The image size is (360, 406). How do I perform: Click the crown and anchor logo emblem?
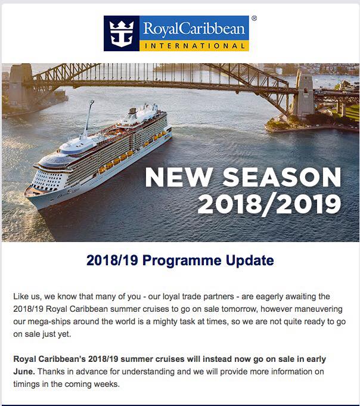pos(122,33)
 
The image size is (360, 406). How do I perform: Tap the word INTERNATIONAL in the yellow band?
pos(194,46)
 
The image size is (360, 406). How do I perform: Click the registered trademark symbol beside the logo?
pos(254,18)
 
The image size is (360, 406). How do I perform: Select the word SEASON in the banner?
pos(282,177)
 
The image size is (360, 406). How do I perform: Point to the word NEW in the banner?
pos(179,177)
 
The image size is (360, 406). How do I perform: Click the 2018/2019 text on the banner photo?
pos(269,204)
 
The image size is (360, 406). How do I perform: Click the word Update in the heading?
pos(250,261)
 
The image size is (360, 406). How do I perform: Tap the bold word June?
pos(24,372)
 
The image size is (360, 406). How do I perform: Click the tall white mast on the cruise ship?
pos(89,118)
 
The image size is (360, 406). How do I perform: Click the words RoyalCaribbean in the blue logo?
pos(194,28)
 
